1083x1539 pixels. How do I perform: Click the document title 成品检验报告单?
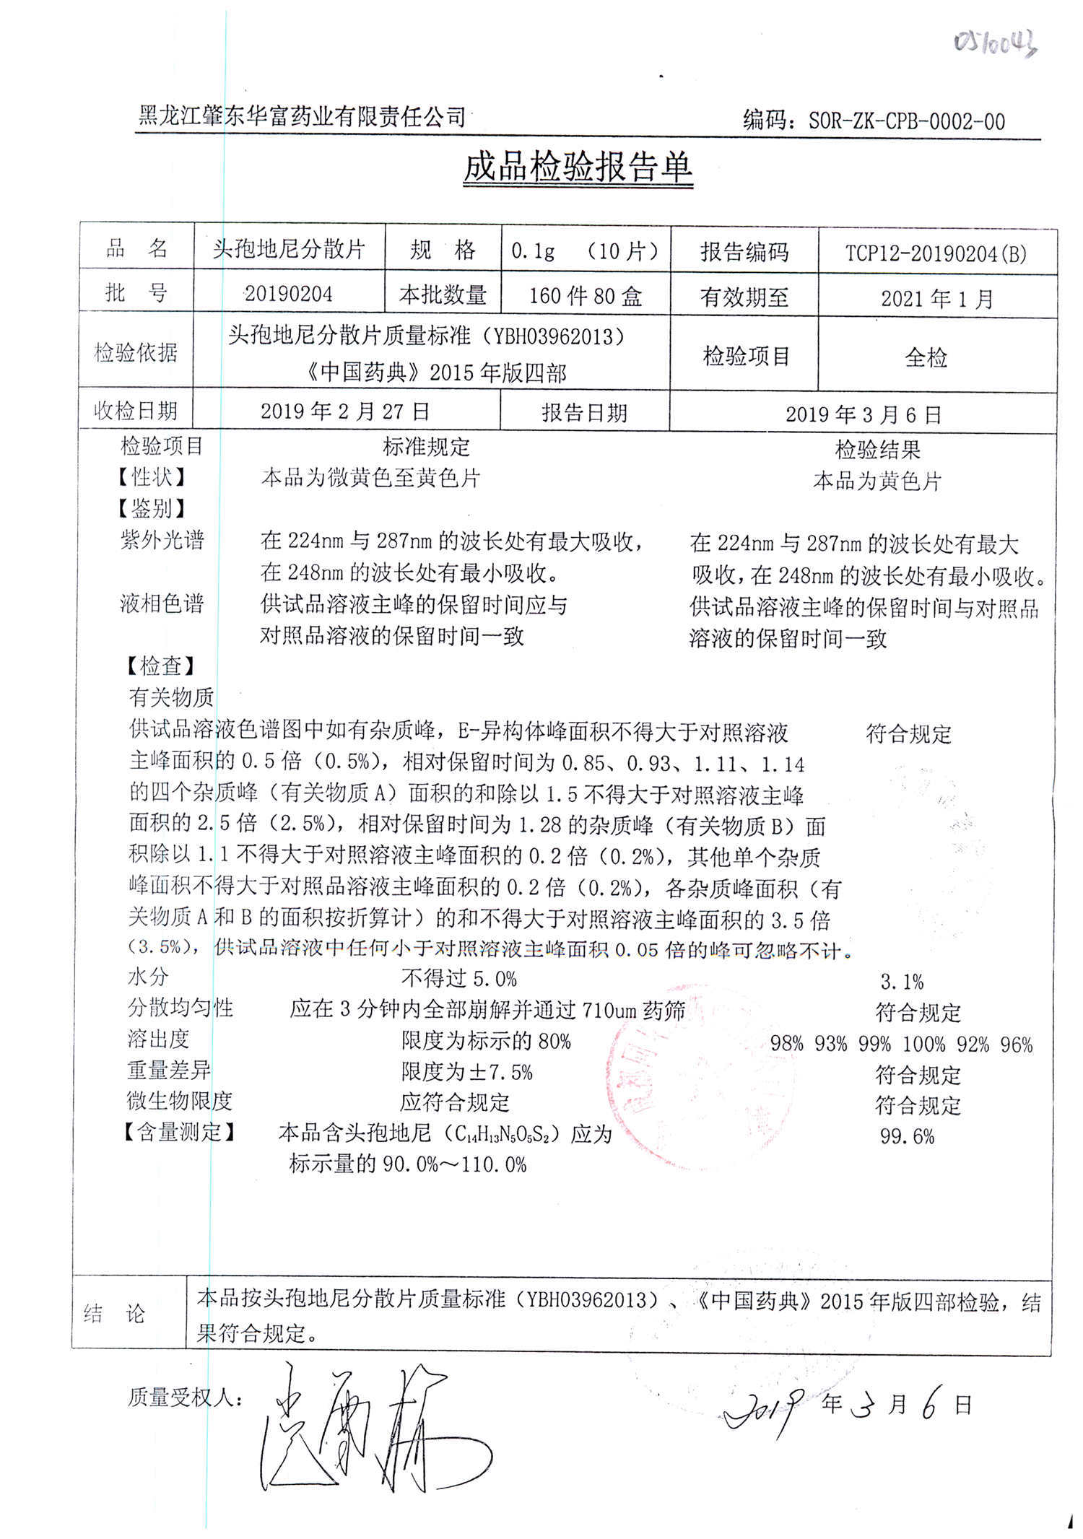pos(578,168)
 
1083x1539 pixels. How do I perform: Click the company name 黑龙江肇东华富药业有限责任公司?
pos(302,116)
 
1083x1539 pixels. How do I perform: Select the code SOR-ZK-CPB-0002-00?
pos(906,121)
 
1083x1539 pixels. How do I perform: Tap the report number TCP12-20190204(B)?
pos(936,253)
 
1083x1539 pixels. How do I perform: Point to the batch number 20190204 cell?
pos(289,294)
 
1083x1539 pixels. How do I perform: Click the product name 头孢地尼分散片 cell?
pos(289,250)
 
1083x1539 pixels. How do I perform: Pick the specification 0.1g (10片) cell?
pos(585,251)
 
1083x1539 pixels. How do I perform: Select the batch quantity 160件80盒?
pos(585,296)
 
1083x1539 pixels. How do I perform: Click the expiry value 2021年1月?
pos(936,298)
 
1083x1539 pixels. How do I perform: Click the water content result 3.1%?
pos(902,982)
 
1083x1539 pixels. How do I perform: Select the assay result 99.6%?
pos(907,1137)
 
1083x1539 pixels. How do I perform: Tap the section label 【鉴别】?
pos(151,509)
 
